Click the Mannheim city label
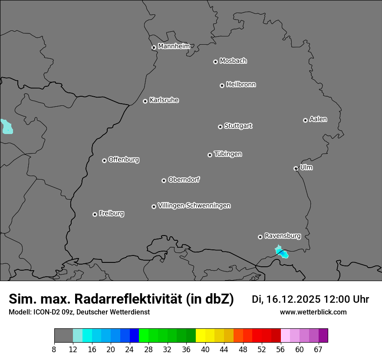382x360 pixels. pyautogui.click(x=174, y=46)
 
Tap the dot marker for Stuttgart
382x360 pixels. pyautogui.click(x=220, y=127)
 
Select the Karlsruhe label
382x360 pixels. pyautogui.click(x=164, y=100)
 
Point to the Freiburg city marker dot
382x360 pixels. pyautogui.click(x=95, y=214)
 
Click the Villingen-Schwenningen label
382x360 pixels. pyautogui.click(x=194, y=206)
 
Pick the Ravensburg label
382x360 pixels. pyautogui.click(x=283, y=236)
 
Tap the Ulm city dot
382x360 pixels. pyautogui.click(x=296, y=168)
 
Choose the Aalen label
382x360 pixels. pyautogui.click(x=318, y=119)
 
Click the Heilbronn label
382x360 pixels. pyautogui.click(x=241, y=85)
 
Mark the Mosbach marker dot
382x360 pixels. pyautogui.click(x=215, y=62)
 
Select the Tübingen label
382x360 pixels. pyautogui.click(x=228, y=154)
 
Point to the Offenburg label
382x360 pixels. pyautogui.click(x=124, y=160)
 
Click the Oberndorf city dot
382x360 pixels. pyautogui.click(x=164, y=180)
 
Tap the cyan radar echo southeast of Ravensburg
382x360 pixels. pyautogui.click(x=282, y=252)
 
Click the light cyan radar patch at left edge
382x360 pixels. pyautogui.click(x=6, y=127)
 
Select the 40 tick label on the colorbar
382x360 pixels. pyautogui.click(x=205, y=350)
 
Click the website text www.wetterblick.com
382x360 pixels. pyautogui.click(x=313, y=312)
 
